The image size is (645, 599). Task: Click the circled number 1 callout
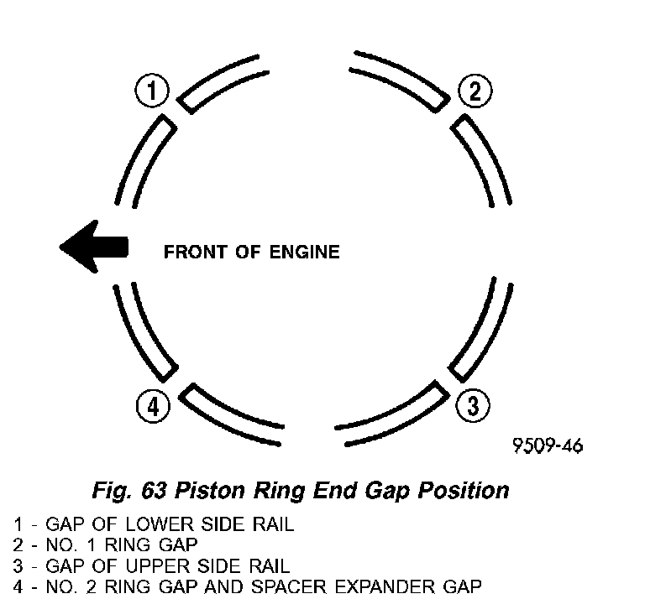(x=151, y=91)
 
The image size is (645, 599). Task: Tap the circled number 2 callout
(x=475, y=91)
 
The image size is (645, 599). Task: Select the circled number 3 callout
(x=473, y=407)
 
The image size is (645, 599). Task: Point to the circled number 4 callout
(x=152, y=407)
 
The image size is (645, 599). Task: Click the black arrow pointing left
(x=94, y=247)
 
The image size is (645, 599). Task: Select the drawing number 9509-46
(x=547, y=445)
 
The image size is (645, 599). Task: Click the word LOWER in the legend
(x=170, y=526)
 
